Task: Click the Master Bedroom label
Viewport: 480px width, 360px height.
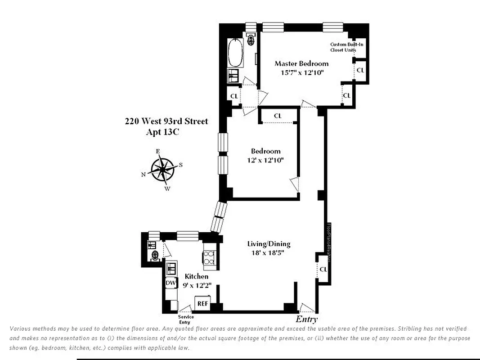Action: coord(301,63)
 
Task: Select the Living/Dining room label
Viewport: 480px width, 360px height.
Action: coord(269,244)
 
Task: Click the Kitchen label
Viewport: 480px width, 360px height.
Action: coord(197,276)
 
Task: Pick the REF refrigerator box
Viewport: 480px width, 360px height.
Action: coord(202,303)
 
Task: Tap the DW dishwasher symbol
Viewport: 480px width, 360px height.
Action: coord(170,283)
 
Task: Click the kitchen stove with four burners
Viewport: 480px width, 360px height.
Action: coord(209,259)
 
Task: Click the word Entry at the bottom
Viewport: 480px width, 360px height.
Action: coord(306,319)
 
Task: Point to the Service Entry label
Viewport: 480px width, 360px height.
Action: coord(186,319)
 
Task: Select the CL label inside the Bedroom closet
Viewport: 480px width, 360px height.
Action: coord(278,116)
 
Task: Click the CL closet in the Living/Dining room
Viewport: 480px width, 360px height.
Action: coord(323,269)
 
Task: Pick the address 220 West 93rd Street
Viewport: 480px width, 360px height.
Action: coord(166,121)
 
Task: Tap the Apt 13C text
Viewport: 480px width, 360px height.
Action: coord(162,132)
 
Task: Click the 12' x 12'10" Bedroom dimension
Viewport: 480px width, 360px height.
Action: coord(265,160)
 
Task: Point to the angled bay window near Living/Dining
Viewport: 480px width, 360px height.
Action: coord(219,216)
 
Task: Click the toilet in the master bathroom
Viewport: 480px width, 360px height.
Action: coord(251,40)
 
